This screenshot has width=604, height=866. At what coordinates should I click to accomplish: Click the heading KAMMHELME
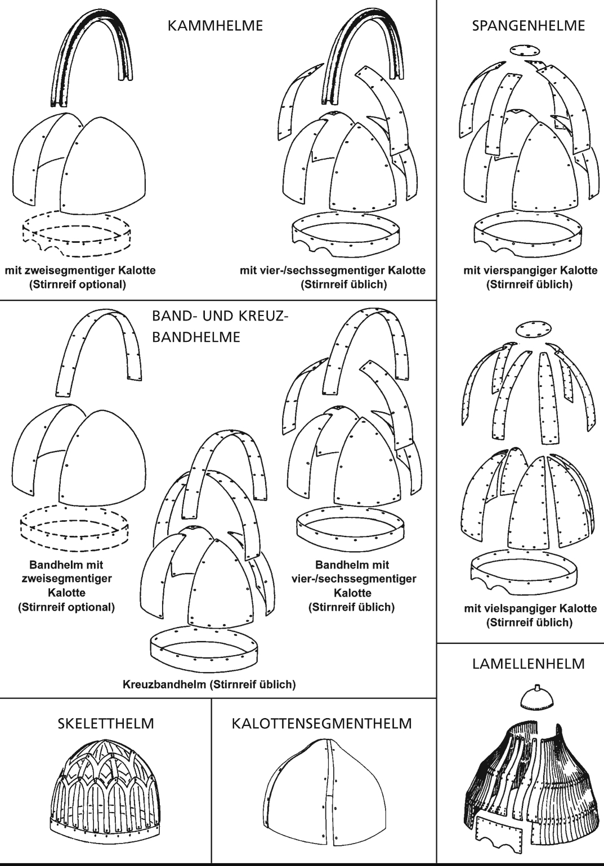(x=215, y=26)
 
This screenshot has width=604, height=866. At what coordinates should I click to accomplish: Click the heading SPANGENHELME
(x=528, y=26)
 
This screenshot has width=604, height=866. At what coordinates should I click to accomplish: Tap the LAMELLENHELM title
(x=528, y=664)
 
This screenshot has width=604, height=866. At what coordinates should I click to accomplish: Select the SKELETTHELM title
(x=106, y=724)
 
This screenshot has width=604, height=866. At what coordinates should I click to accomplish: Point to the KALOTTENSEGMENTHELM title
(x=321, y=724)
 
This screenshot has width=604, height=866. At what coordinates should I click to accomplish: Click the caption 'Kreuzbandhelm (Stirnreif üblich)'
(x=209, y=685)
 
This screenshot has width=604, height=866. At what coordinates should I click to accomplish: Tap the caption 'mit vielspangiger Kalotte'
(x=530, y=608)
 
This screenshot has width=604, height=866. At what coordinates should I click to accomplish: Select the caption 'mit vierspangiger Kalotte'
(x=530, y=270)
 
